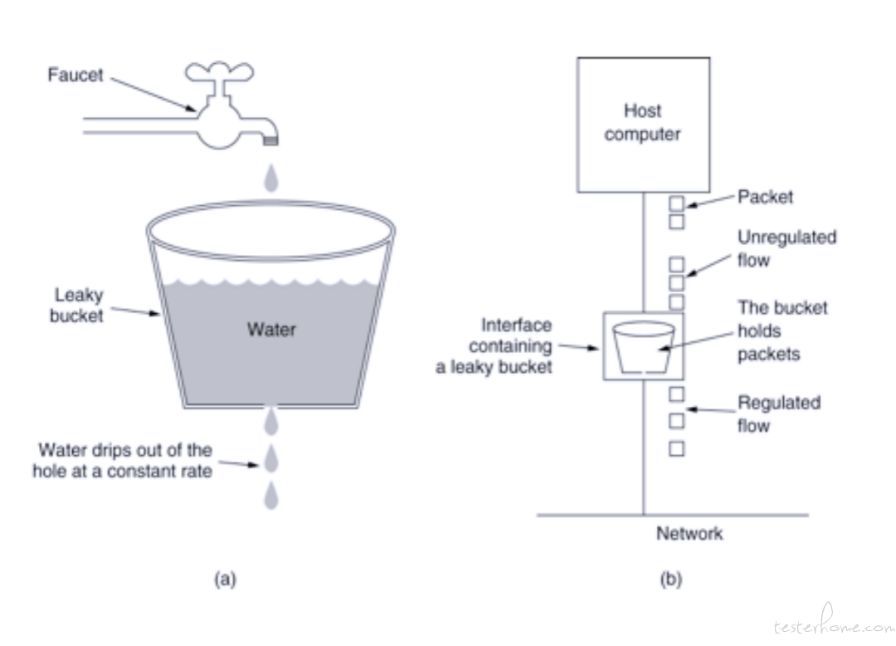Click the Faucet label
click(75, 75)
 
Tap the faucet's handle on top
click(219, 71)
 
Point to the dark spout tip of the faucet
click(270, 140)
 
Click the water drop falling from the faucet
click(270, 178)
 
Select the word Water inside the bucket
click(271, 330)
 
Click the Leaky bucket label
click(77, 306)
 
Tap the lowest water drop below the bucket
click(270, 495)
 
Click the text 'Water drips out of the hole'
click(122, 460)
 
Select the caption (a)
click(225, 579)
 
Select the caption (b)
click(671, 579)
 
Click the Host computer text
click(643, 122)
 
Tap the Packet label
click(765, 197)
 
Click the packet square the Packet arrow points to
click(677, 203)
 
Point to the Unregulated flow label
click(786, 248)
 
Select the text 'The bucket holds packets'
click(782, 331)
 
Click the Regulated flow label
click(779, 414)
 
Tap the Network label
click(689, 533)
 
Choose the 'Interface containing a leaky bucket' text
click(494, 346)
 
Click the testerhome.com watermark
click(835, 623)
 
